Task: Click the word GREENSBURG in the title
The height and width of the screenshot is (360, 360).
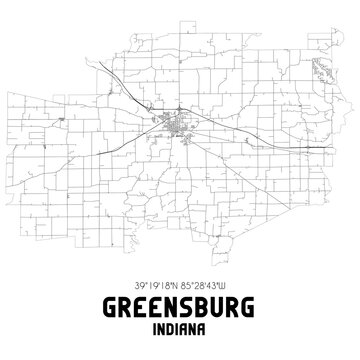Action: [x=180, y=303]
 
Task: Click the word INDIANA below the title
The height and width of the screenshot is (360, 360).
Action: [x=180, y=327]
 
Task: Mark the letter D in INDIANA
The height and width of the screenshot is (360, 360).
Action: [x=170, y=327]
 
